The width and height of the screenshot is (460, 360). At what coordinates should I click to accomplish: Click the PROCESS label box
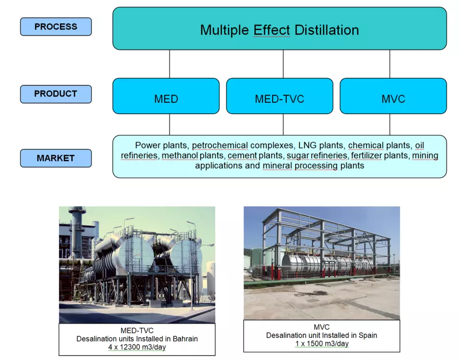(56, 27)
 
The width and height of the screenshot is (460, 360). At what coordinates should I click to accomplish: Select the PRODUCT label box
(56, 94)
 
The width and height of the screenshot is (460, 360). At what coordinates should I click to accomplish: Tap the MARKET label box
(56, 158)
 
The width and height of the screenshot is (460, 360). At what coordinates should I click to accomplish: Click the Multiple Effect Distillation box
(279, 28)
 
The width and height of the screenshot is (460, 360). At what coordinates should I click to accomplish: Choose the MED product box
(166, 96)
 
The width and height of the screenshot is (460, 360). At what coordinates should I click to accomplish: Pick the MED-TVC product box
(279, 96)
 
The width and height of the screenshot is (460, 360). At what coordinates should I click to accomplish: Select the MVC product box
(393, 96)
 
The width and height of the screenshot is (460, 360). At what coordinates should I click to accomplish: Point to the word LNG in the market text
(307, 145)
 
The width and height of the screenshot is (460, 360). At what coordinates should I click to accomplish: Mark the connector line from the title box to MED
(170, 64)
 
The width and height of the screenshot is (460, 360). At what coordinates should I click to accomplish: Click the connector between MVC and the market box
(390, 124)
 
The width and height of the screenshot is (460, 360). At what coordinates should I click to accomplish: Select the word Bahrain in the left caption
(185, 339)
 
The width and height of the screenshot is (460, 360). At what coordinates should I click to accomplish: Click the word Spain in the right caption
(368, 336)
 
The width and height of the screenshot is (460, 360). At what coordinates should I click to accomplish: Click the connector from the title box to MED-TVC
(283, 64)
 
